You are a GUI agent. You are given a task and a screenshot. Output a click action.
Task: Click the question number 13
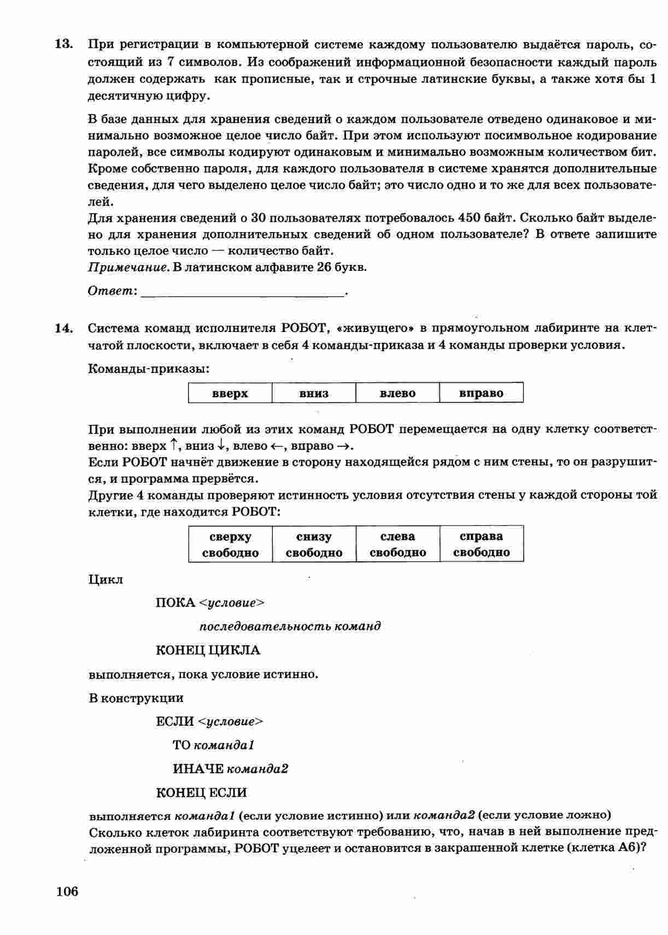pyautogui.click(x=64, y=44)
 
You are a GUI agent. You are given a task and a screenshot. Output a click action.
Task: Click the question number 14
pyautogui.click(x=64, y=328)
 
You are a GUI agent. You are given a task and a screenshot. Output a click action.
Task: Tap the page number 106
pyautogui.click(x=67, y=891)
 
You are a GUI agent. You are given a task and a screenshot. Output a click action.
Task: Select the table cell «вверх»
pyautogui.click(x=230, y=393)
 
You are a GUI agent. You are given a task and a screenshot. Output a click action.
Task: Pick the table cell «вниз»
pyautogui.click(x=314, y=393)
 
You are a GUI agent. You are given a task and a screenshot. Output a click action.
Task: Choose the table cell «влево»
pyautogui.click(x=397, y=393)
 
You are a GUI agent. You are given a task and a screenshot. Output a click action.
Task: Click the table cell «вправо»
pyautogui.click(x=481, y=393)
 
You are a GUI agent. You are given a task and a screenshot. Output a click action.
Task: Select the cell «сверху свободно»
pyautogui.click(x=230, y=544)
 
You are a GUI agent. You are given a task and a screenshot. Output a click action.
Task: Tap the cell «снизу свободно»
pyautogui.click(x=314, y=544)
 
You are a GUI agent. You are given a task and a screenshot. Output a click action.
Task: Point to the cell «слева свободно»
pyautogui.click(x=397, y=544)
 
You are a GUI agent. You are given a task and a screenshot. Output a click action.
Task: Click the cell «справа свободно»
pyautogui.click(x=481, y=544)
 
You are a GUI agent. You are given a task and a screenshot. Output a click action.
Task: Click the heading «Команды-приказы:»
pyautogui.click(x=149, y=369)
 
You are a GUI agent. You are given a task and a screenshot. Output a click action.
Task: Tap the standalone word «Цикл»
pyautogui.click(x=106, y=579)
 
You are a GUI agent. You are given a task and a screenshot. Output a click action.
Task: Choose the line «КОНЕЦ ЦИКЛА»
pyautogui.click(x=208, y=650)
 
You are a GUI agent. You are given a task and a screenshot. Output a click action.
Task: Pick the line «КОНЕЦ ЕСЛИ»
pyautogui.click(x=201, y=792)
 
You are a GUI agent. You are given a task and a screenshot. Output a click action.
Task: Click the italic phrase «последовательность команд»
pyautogui.click(x=290, y=626)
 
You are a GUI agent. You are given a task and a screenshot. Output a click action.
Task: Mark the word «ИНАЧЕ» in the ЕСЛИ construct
pyautogui.click(x=198, y=769)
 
